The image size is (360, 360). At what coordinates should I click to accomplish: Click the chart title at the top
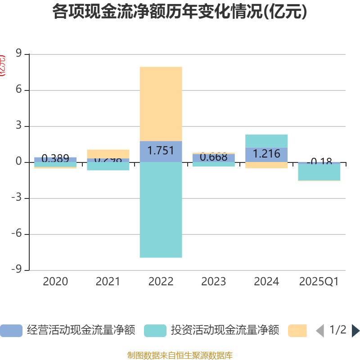pos(180,12)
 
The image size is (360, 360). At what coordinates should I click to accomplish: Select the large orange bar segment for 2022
pos(161,103)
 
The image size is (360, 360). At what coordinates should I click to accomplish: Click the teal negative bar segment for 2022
pos(161,210)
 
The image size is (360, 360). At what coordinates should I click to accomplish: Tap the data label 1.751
pos(161,151)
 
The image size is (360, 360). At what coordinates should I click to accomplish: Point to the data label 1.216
pos(266,154)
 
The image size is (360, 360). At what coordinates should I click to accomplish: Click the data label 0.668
pos(213,157)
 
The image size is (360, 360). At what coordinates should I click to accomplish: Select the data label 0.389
pos(55,158)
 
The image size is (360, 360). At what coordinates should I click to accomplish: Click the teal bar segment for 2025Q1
pos(319,172)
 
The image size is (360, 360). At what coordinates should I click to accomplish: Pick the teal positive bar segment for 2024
pos(266,140)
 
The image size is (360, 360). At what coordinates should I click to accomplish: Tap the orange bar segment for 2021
pos(108,153)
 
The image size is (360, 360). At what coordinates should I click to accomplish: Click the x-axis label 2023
pos(213,282)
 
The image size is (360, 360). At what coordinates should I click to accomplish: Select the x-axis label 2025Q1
pos(319,282)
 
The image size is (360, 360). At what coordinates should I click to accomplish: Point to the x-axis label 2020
pos(55,282)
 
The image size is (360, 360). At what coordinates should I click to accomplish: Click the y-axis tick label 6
pos(19,90)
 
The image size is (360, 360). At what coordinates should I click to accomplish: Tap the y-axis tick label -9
pos(17,270)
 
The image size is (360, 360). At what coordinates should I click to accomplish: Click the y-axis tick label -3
pos(17,198)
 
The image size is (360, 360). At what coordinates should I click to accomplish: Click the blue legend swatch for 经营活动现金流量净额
pos(11,331)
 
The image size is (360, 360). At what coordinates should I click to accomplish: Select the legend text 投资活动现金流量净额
pos(225,331)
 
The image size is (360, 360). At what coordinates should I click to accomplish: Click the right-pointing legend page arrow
pos(355,331)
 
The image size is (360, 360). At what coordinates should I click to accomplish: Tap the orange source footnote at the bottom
pos(180,355)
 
